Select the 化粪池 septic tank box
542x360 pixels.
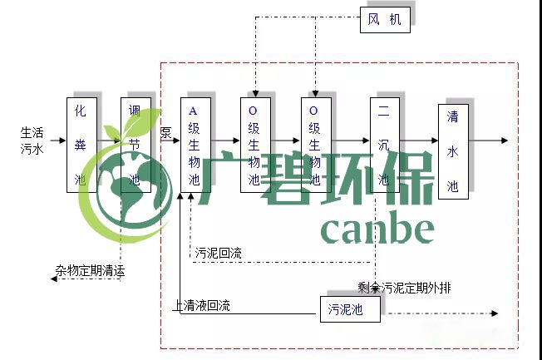[x=81, y=145]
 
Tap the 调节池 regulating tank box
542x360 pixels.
[x=135, y=145]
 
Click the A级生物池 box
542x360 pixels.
[x=195, y=145]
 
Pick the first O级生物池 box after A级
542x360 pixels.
[x=255, y=145]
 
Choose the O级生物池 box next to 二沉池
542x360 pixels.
[x=316, y=145]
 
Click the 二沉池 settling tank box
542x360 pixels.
[x=384, y=145]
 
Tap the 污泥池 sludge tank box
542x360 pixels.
[x=350, y=309]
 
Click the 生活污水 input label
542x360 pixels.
[x=32, y=140]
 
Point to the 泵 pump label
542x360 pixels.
[x=165, y=132]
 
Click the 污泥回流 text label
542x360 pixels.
[x=219, y=254]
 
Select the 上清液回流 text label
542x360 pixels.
[x=202, y=306]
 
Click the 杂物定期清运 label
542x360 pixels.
[x=91, y=271]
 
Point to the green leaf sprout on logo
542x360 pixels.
[x=138, y=125]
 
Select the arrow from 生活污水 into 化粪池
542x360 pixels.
[x=57, y=141]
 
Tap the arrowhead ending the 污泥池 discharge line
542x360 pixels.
[x=495, y=313]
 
